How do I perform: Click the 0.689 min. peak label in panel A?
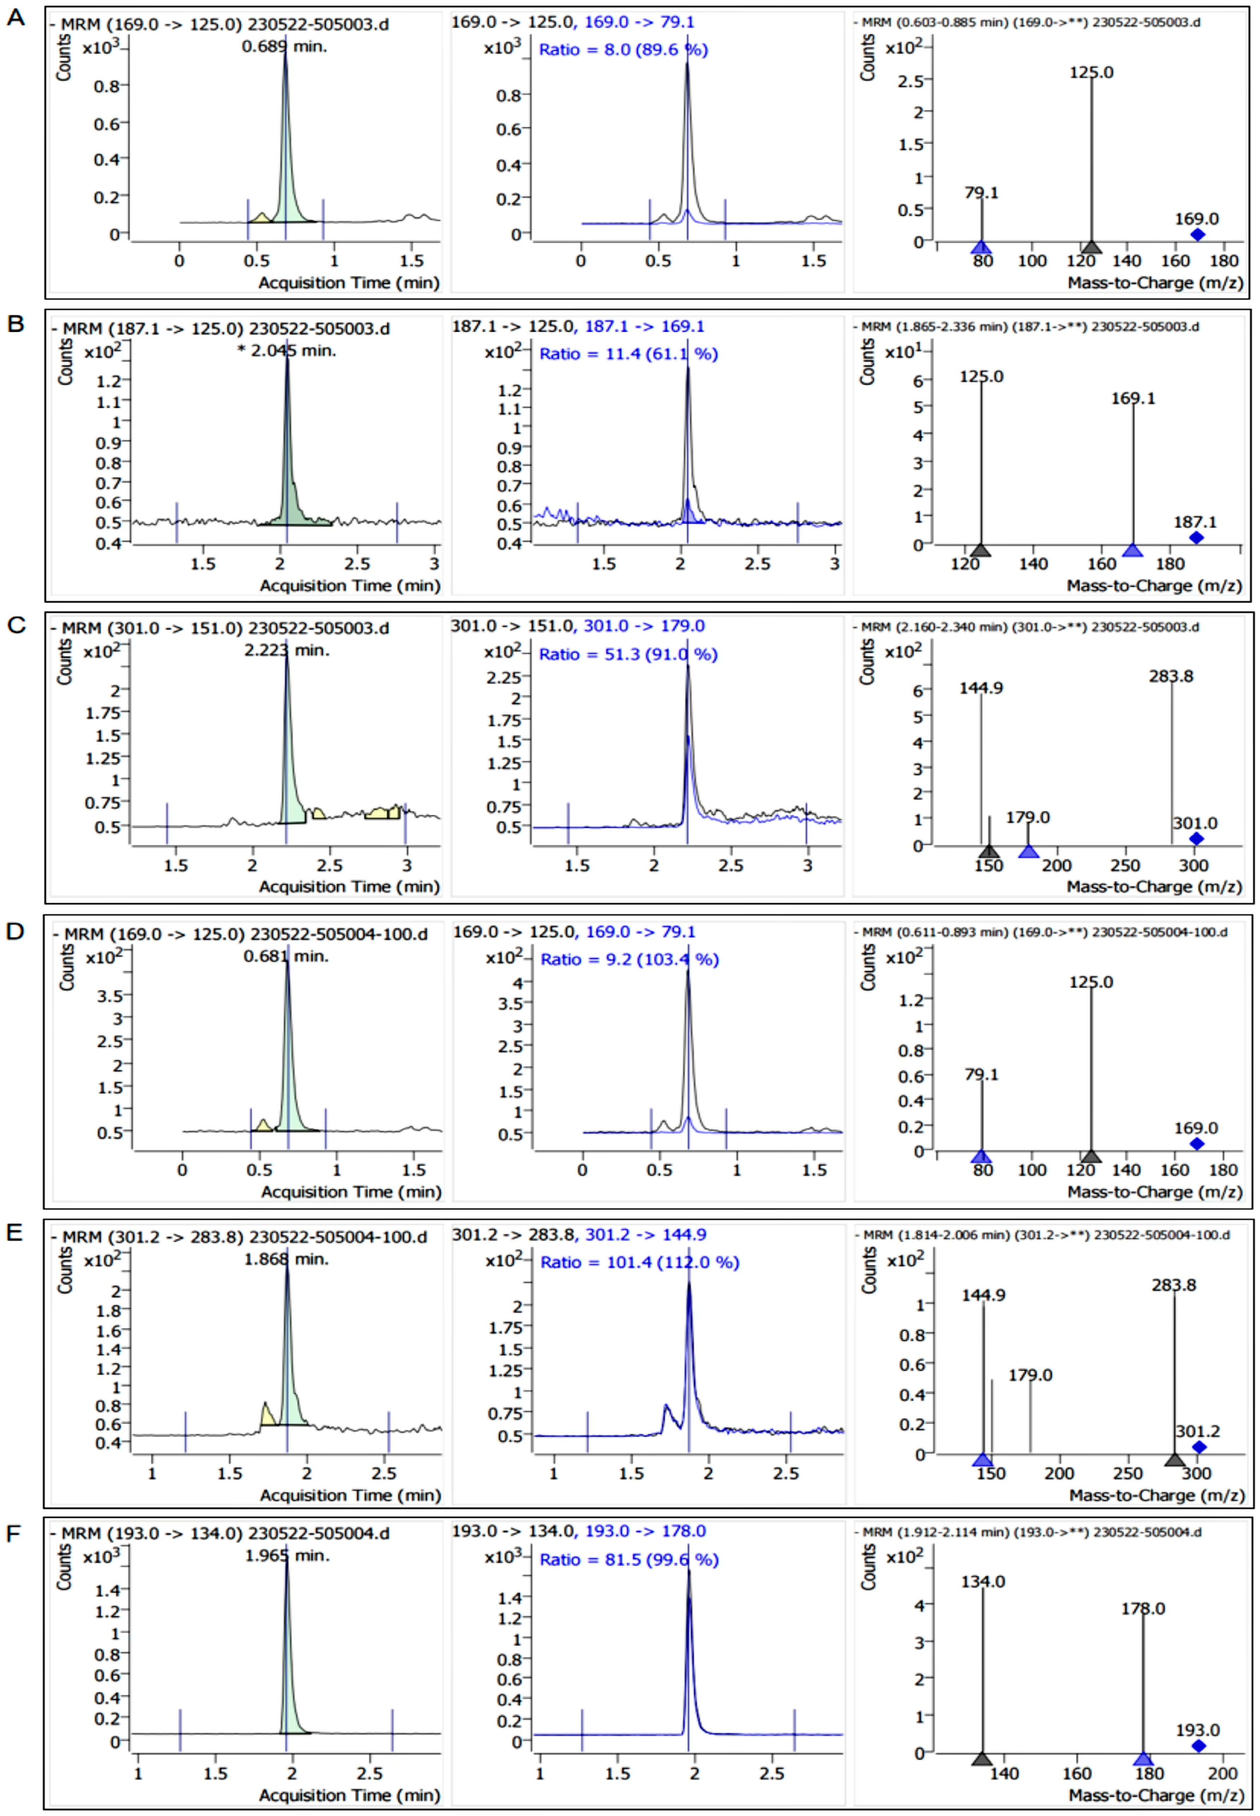[284, 47]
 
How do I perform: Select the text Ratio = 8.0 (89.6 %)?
[623, 50]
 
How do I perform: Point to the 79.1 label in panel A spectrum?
[981, 193]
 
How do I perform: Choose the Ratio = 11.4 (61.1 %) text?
[628, 354]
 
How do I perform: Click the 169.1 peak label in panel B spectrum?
[1133, 399]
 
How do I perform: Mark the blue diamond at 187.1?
[1196, 538]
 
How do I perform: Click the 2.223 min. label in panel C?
[286, 651]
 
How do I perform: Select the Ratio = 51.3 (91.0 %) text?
[628, 654]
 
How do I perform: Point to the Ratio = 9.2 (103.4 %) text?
[629, 959]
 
